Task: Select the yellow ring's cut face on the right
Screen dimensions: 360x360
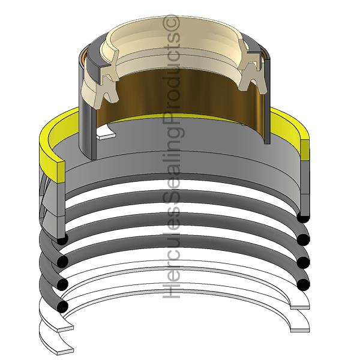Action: [305, 150]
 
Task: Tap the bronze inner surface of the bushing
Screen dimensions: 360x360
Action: [179, 94]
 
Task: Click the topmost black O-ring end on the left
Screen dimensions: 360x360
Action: [62, 239]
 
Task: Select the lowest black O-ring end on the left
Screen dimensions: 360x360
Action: [62, 306]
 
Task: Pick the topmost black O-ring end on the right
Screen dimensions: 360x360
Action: [303, 217]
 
